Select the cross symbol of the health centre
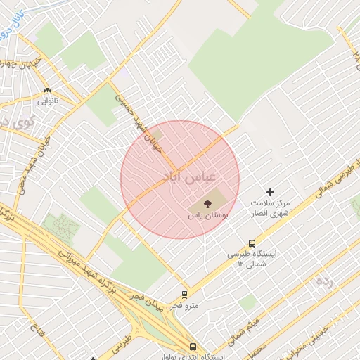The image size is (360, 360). point(270,192)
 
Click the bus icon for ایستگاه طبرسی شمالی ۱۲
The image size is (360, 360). point(252,243)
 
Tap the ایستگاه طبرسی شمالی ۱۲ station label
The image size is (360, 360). point(252,259)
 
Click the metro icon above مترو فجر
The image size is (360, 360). point(185,295)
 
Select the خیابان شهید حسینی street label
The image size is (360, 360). point(133,117)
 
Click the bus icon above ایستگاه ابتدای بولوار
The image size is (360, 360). point(193,346)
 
